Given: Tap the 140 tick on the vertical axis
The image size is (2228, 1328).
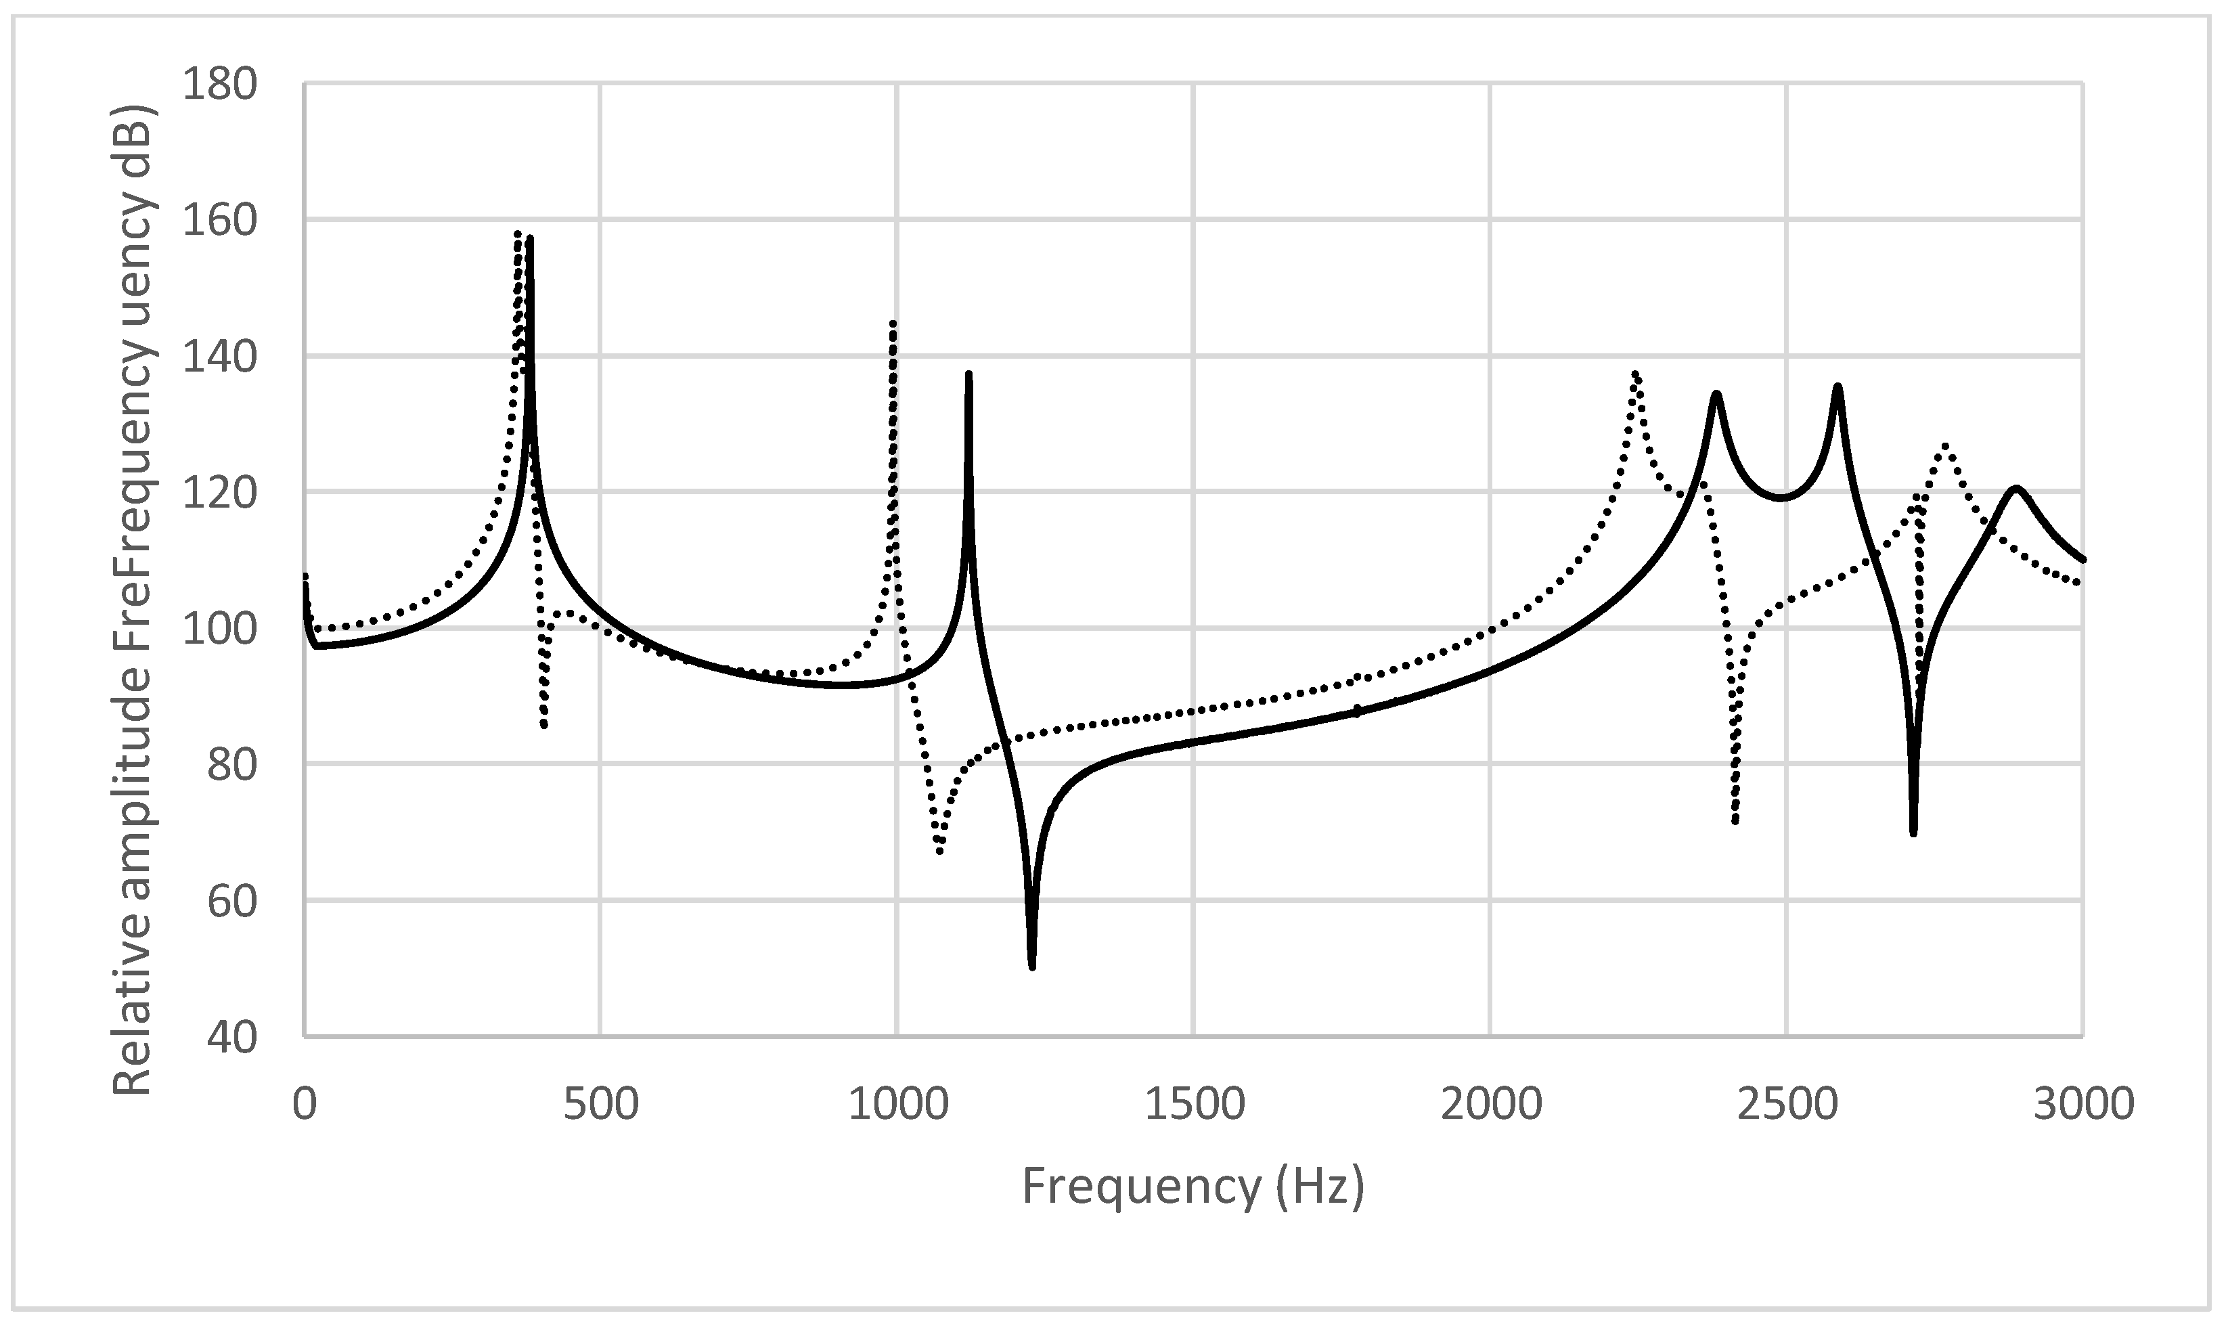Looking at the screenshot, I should click(219, 357).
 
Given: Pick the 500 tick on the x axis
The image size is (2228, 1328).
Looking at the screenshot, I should click(600, 1104).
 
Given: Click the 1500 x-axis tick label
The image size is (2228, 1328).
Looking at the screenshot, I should click(1195, 1104).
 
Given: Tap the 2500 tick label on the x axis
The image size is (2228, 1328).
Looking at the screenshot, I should click(1787, 1104).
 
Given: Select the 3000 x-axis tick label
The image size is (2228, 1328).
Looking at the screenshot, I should click(2083, 1104).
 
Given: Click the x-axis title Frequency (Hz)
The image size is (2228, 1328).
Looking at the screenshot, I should click(1193, 1187).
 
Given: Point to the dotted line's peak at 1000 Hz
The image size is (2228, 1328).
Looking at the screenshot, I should click(894, 323).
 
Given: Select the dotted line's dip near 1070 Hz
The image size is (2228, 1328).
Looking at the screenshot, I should click(939, 851).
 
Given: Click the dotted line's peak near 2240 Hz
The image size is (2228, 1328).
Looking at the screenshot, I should click(1634, 374).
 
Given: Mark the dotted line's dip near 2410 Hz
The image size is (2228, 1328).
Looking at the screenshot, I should click(1735, 820).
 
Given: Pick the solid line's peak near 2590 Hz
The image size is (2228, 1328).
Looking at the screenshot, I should click(1837, 386).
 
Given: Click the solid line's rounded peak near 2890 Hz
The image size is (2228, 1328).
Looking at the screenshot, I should click(2016, 488).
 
